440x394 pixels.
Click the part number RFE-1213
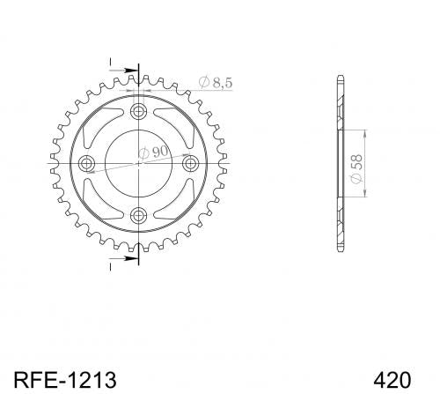pyautogui.click(x=65, y=380)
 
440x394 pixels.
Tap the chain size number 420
pyautogui.click(x=392, y=380)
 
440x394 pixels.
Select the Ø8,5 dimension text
pyautogui.click(x=216, y=82)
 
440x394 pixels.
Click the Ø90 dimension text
pyautogui.click(x=153, y=152)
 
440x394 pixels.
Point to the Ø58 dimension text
pyautogui.click(x=356, y=169)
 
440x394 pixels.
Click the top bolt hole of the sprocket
pyautogui.click(x=138, y=111)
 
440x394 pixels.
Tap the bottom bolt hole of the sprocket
pyautogui.click(x=138, y=216)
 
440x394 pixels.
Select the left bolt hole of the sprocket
pyautogui.click(x=86, y=163)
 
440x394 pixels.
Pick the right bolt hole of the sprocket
pyautogui.click(x=191, y=163)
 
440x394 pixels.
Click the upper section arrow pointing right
pyautogui.click(x=123, y=71)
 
